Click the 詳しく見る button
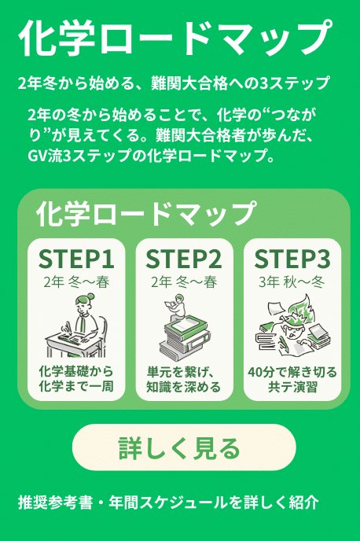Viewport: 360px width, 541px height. point(184,447)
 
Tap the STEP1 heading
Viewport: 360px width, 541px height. point(76,259)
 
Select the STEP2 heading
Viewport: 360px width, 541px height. point(184,259)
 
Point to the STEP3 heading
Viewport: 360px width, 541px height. point(292,259)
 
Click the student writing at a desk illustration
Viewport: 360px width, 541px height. point(76,326)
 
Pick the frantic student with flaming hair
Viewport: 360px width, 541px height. point(292,326)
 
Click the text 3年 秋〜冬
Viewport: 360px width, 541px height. point(292,282)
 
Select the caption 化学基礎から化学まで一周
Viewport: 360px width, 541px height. point(76,379)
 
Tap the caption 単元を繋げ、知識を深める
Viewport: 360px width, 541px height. point(184,380)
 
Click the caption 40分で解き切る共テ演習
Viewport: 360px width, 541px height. point(292,380)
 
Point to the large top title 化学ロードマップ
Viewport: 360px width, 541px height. point(175,37)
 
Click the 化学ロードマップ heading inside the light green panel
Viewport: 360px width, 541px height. point(146,214)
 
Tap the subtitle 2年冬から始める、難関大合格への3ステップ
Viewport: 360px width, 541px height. point(174,83)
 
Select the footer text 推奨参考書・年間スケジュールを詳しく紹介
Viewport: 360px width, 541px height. point(168,502)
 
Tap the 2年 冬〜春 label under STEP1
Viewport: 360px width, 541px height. point(76,282)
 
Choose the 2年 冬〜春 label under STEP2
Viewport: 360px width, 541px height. point(184,282)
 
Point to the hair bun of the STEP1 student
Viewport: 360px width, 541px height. point(90,296)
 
